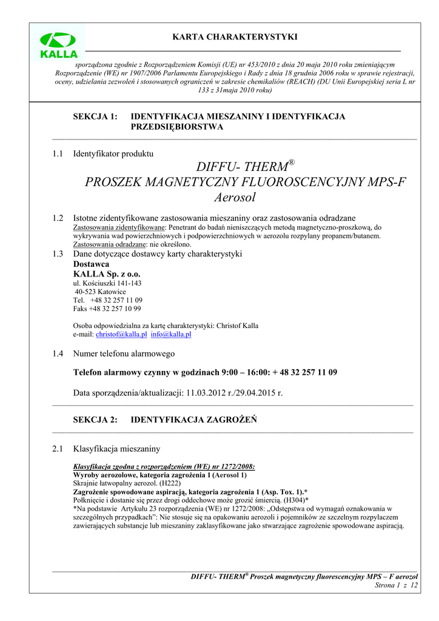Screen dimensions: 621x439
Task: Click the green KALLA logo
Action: point(58,45)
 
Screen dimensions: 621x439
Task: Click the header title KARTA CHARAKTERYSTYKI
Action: point(235,37)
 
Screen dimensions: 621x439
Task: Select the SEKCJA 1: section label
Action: point(95,116)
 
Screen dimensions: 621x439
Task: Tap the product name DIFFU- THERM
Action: point(243,166)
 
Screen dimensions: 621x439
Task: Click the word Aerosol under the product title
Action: point(235,197)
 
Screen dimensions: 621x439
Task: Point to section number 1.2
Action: point(58,218)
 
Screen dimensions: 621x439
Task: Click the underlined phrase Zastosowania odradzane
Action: point(106,244)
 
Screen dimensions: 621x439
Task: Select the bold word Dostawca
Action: point(91,264)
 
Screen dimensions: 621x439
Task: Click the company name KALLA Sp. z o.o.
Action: point(107,274)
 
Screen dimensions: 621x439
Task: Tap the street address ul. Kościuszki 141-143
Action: point(107,283)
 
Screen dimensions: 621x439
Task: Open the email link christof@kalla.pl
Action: point(121,334)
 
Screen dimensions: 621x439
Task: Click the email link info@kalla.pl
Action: point(171,334)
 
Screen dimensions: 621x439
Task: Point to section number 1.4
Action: point(58,354)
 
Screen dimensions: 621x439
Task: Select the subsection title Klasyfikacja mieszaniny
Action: point(116,449)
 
